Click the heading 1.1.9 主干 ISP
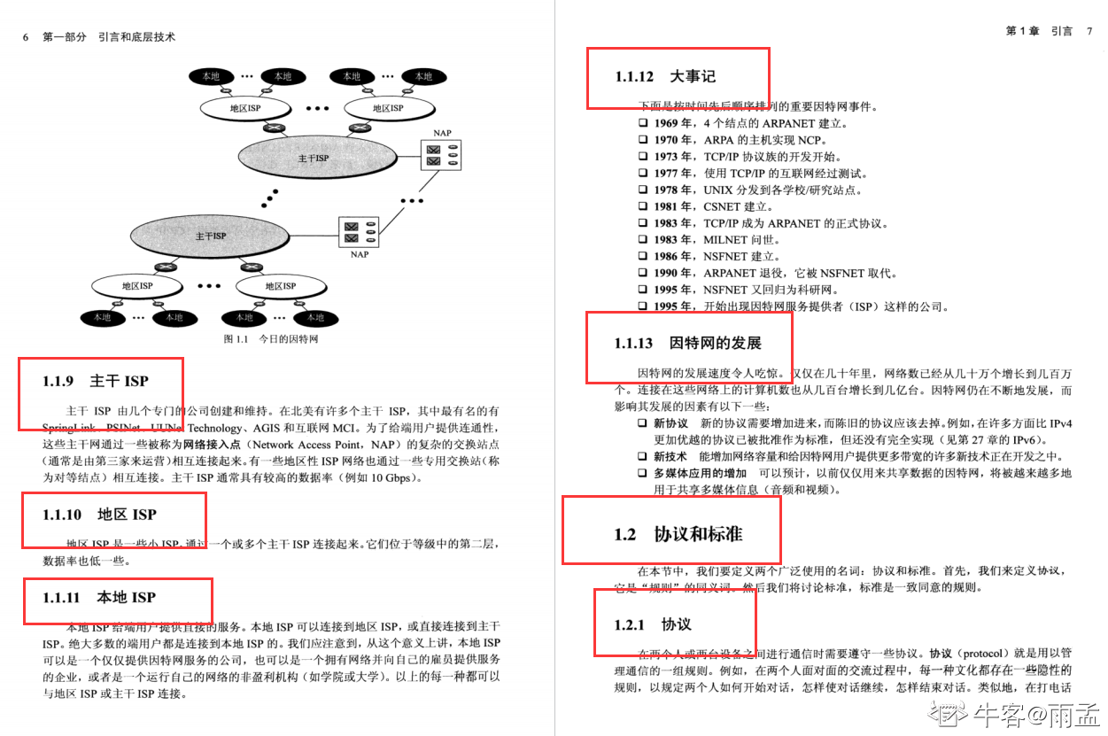click(96, 382)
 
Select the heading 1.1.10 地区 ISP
click(99, 515)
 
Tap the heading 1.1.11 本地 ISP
click(99, 598)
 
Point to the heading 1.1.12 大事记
click(664, 77)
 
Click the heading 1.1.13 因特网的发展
click(687, 343)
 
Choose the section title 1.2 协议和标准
click(678, 534)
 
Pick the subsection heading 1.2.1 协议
click(653, 624)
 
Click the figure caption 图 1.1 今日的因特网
click(270, 339)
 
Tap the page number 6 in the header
click(26, 37)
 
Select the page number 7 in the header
click(1089, 31)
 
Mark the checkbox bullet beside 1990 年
click(643, 273)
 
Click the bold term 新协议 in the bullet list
click(670, 423)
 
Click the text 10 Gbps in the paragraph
click(391, 478)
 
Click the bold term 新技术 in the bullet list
click(670, 457)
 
